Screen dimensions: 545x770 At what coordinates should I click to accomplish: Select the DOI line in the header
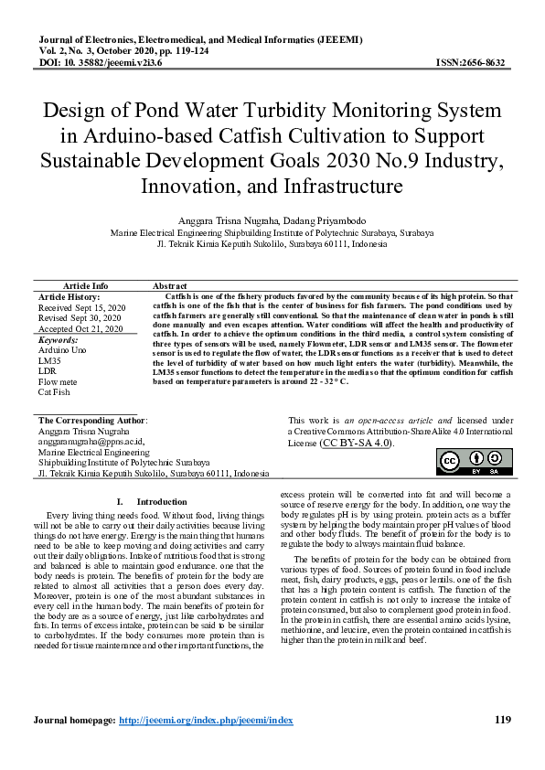coord(101,63)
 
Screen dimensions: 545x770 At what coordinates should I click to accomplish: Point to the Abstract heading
coord(170,286)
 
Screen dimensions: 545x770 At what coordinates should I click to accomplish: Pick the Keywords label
coord(57,339)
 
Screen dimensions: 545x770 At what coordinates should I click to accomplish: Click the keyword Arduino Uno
coord(62,350)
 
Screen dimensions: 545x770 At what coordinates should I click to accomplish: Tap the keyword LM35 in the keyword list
coord(48,360)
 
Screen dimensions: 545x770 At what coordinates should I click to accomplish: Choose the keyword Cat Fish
coord(54,391)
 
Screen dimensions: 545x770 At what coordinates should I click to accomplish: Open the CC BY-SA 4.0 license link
coord(357,443)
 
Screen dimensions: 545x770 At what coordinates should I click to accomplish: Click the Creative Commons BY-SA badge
coord(470,463)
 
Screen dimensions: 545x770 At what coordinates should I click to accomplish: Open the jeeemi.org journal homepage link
coord(206,721)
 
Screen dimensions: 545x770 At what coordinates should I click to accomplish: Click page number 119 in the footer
coord(502,721)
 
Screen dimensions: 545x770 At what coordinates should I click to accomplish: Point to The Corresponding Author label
coord(92,420)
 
